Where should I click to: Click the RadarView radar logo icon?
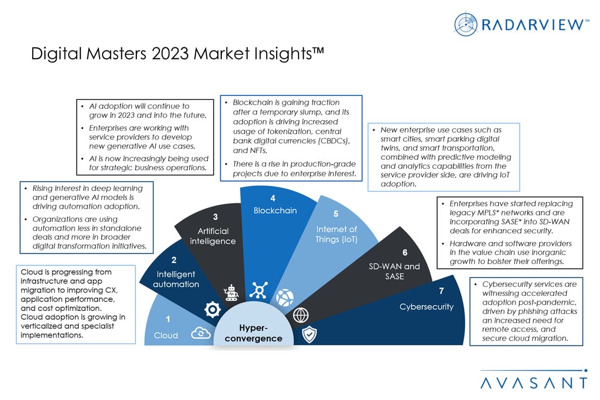(x=466, y=24)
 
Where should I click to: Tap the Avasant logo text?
(x=534, y=383)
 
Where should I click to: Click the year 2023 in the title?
(x=170, y=54)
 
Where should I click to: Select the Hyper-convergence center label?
(x=253, y=333)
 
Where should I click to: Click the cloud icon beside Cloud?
(x=201, y=333)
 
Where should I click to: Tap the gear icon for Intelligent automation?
(x=213, y=309)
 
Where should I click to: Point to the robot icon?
(x=231, y=293)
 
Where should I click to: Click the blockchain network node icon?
(x=259, y=290)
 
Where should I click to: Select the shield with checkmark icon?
(x=309, y=334)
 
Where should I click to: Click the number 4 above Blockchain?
(x=273, y=198)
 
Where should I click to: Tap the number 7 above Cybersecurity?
(x=441, y=291)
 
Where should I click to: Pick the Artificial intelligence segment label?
(x=213, y=236)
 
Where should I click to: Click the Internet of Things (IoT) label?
(x=336, y=234)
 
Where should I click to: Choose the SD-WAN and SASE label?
(x=394, y=271)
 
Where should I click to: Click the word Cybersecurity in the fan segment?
(x=426, y=307)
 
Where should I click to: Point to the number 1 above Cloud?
(x=168, y=319)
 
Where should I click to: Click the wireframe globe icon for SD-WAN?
(x=301, y=316)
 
